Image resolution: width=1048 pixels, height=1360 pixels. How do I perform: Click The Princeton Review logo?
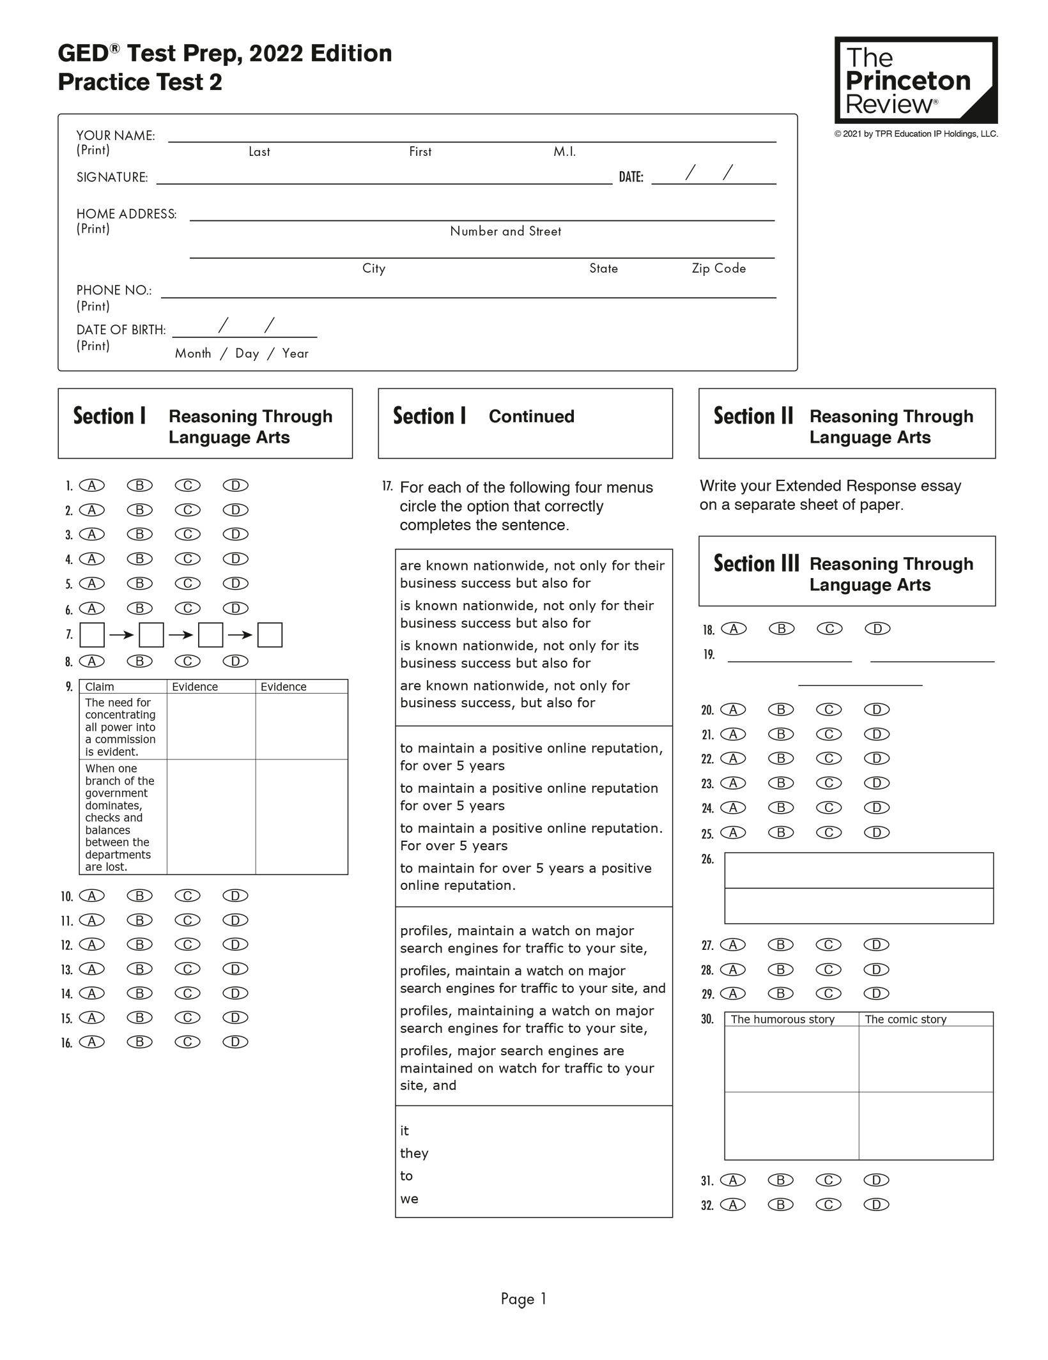915,80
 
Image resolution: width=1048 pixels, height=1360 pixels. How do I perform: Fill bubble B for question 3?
139,534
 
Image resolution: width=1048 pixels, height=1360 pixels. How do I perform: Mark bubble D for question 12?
235,944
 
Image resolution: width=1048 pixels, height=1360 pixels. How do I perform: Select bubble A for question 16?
92,1042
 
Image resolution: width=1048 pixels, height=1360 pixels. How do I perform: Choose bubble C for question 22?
829,758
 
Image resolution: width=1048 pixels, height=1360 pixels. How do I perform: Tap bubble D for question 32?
876,1205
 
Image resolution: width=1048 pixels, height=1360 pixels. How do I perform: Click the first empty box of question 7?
92,635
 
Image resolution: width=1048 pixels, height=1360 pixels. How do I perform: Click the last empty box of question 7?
270,635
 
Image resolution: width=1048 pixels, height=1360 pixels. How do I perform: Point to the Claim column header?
100,687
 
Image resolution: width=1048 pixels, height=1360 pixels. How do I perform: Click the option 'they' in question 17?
414,1153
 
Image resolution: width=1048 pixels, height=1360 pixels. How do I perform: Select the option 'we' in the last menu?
409,1199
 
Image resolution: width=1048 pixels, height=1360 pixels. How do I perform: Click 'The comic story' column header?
905,1020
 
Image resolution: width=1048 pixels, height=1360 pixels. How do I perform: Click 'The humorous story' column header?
783,1020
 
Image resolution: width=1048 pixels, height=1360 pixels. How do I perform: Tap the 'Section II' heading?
753,416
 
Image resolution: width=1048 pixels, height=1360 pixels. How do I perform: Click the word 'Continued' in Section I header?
531,416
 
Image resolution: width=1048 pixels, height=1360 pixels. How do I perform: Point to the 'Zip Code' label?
719,268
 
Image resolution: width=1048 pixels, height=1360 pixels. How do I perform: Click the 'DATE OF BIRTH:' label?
121,330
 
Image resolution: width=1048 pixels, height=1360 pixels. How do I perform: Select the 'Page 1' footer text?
523,1299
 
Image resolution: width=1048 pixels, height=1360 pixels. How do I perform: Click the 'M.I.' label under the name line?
564,152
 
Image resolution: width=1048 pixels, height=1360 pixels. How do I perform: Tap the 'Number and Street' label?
505,231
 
